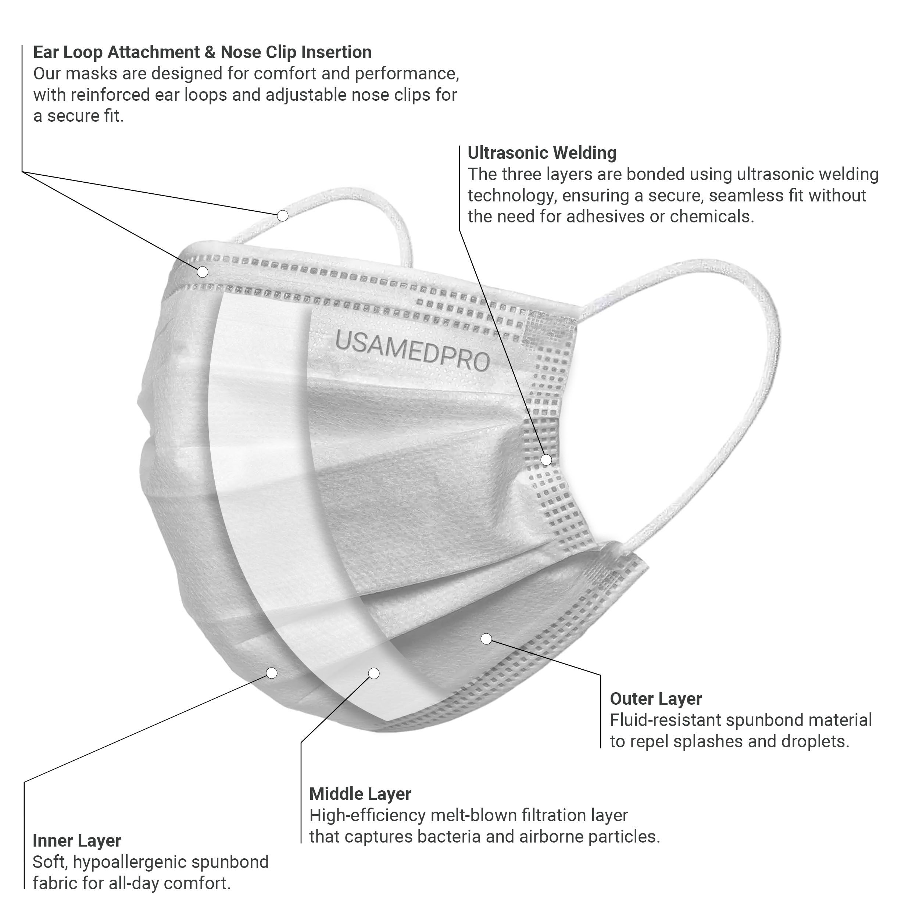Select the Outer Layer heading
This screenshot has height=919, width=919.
coord(655,699)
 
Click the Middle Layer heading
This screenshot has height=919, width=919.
coord(360,794)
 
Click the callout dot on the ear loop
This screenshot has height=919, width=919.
coord(283,216)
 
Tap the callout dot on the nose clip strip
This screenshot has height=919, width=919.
coord(203,272)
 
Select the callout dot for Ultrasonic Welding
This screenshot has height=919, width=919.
coord(546,459)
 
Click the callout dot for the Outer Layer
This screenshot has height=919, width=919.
coord(486,639)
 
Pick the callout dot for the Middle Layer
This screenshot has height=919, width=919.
coord(374,673)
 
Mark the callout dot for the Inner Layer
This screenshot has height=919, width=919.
coord(272,673)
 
